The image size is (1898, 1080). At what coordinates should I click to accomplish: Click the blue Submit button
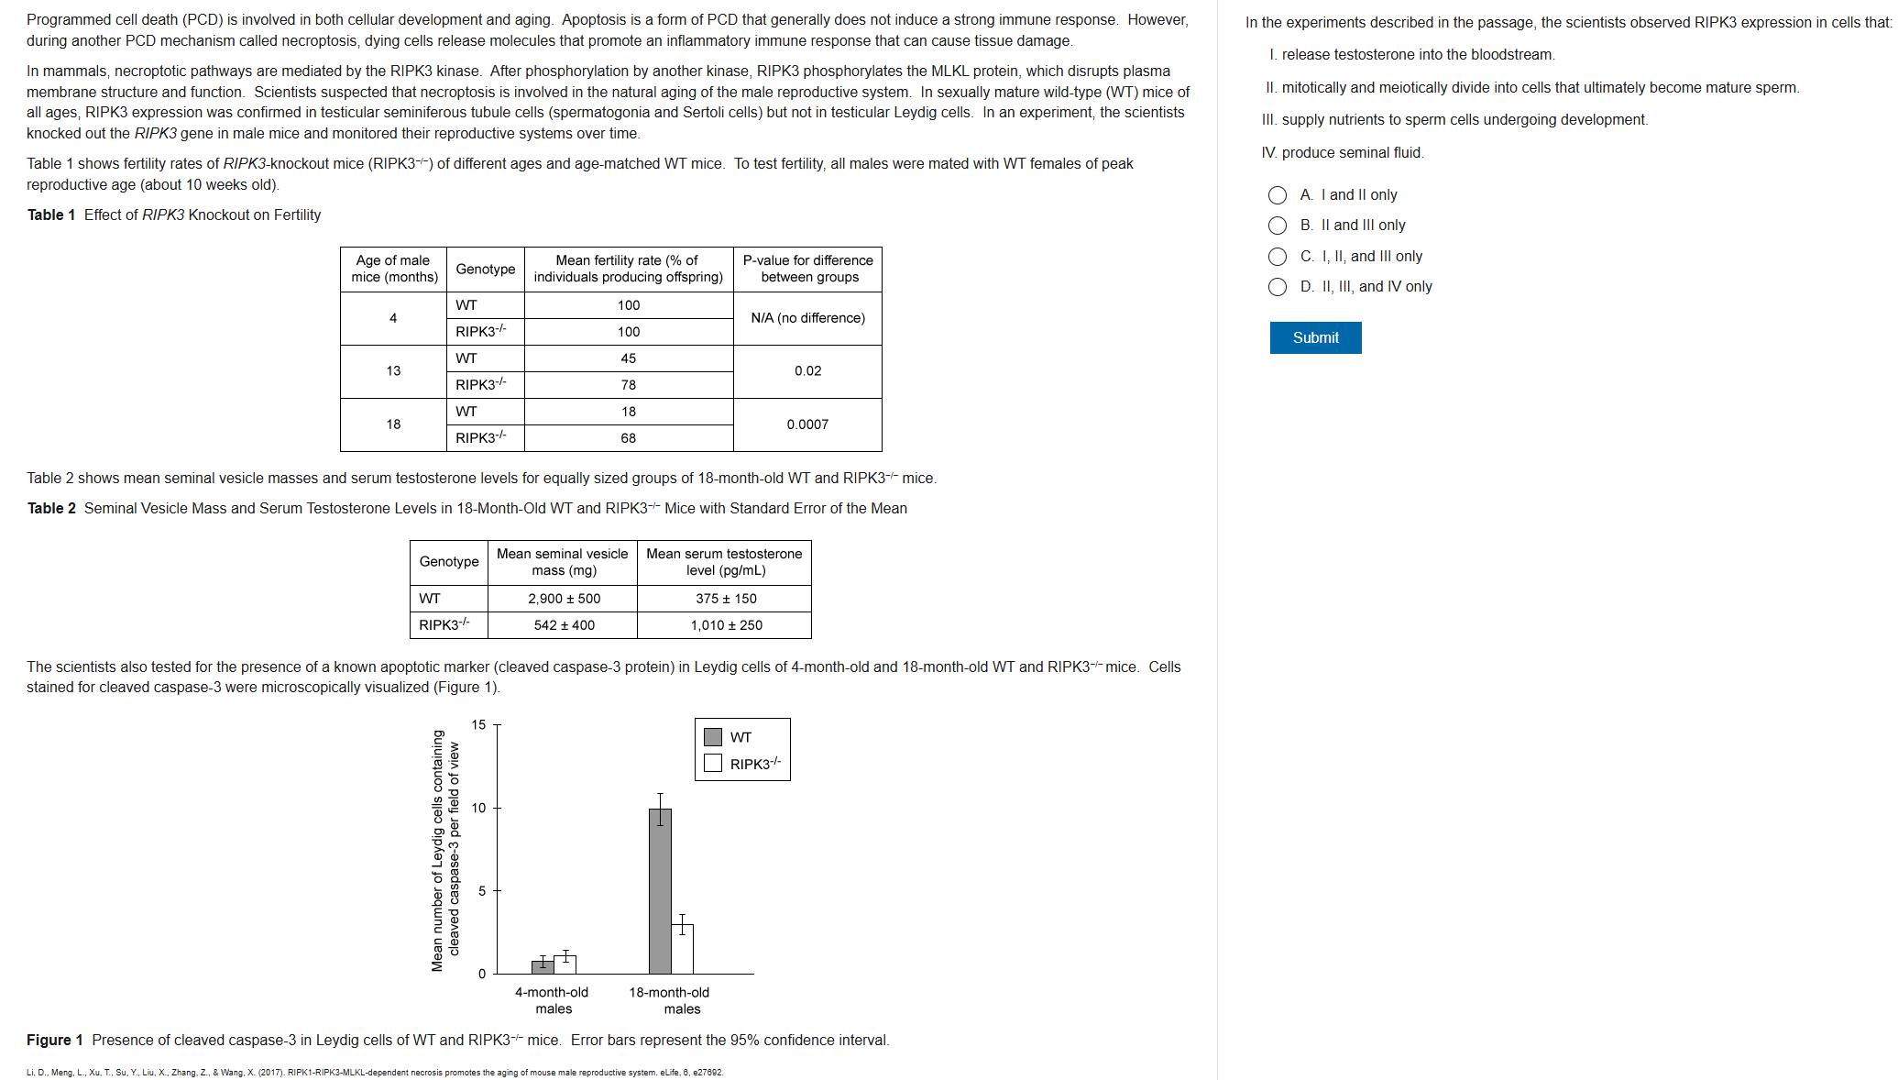tap(1315, 337)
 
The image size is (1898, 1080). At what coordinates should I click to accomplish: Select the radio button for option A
tap(1278, 195)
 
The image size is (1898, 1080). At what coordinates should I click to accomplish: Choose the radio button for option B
tap(1278, 226)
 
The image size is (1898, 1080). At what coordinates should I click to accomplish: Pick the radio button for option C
tap(1278, 257)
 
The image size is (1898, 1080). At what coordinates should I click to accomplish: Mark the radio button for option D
tap(1278, 287)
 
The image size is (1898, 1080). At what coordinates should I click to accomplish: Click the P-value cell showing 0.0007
tap(807, 424)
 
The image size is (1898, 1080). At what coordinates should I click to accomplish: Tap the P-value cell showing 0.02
tap(807, 371)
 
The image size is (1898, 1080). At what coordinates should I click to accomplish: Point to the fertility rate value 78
tap(629, 385)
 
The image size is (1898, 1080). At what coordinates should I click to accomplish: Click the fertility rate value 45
tap(629, 358)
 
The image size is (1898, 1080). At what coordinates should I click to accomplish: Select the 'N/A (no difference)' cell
tap(807, 318)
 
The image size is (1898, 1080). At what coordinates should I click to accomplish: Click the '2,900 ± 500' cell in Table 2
tap(564, 599)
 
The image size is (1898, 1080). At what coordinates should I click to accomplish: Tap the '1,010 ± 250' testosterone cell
tap(726, 625)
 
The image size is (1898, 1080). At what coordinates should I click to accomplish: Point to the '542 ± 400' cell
tap(564, 625)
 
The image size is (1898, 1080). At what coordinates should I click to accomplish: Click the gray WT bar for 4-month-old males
tap(543, 966)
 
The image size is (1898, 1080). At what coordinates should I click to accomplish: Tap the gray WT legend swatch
tap(713, 737)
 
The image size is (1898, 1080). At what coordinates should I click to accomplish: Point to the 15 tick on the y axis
tap(479, 725)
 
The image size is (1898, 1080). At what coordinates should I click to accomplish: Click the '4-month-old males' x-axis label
tap(553, 1000)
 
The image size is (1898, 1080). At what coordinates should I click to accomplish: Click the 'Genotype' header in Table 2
tap(449, 561)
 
